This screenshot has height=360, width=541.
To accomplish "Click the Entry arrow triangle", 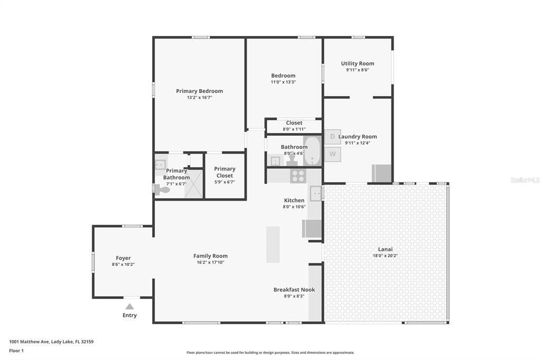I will tap(129, 306).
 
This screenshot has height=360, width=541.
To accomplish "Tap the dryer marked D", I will tap(332, 137).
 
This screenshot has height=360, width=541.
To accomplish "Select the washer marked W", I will tap(332, 154).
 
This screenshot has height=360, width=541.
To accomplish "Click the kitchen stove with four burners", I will tap(297, 176).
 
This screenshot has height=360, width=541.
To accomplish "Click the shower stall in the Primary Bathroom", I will tap(194, 184).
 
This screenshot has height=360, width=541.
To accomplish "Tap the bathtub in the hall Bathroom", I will tap(312, 151).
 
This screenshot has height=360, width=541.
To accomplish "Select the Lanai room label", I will tap(385, 249).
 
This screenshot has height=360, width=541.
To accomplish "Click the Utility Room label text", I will tap(358, 63).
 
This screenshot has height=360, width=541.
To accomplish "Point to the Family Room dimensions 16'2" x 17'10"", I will tap(210, 262).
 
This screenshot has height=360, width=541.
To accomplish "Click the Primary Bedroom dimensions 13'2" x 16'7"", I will tap(199, 98).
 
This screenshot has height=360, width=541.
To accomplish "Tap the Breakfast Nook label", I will tap(294, 289).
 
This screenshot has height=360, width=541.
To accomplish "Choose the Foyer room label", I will tap(123, 258).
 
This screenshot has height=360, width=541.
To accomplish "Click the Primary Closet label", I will tap(225, 172).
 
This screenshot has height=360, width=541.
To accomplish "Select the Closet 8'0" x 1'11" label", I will tap(294, 123).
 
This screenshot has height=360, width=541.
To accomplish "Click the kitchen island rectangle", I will tap(273, 244).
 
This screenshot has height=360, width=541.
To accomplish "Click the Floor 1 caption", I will tap(16, 350).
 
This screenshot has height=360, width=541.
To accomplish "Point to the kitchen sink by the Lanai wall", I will tap(316, 194).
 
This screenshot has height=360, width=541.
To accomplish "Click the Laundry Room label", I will tap(358, 136).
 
